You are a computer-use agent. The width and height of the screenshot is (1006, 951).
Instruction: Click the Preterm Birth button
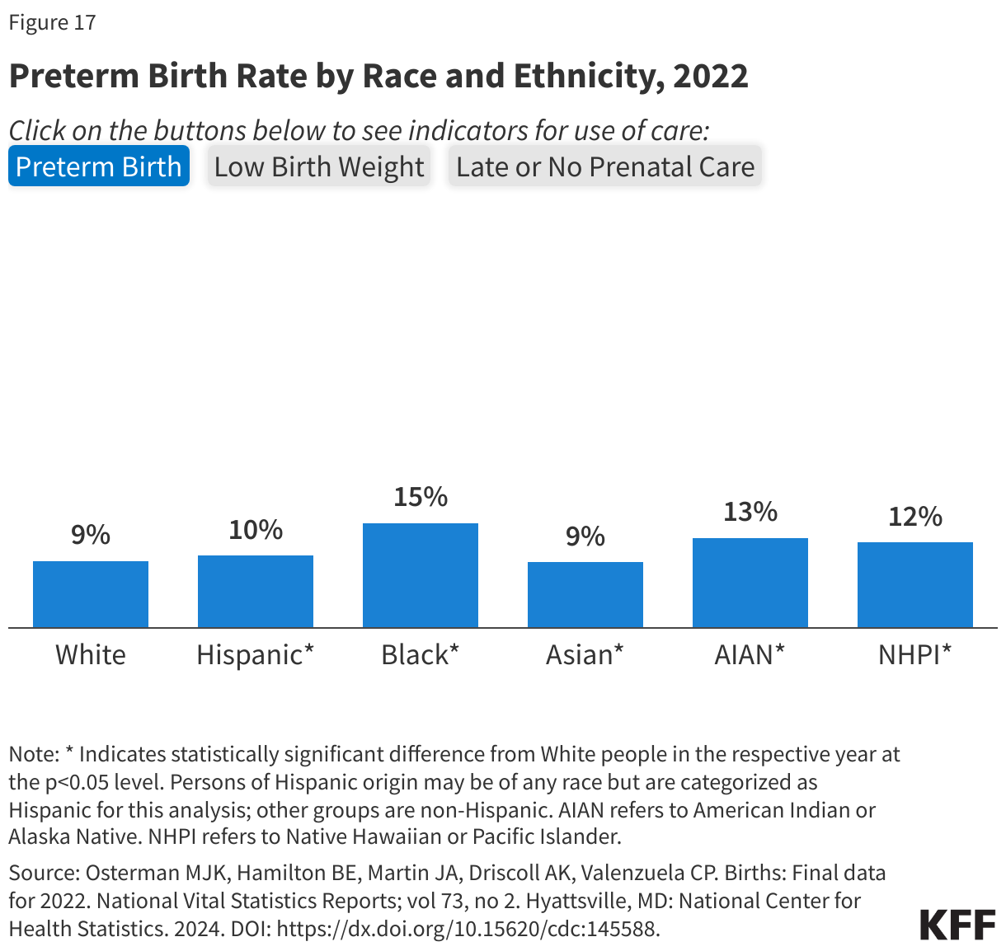pos(99,166)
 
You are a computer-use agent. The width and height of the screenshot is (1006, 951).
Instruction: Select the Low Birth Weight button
pos(319,166)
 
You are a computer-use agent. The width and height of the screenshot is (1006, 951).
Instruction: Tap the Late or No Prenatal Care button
pos(604,166)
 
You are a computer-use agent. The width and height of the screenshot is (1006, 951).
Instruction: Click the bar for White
pos(91,594)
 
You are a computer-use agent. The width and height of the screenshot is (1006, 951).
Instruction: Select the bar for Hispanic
pos(256,592)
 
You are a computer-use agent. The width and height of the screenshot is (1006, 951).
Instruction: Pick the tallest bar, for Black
pos(421,575)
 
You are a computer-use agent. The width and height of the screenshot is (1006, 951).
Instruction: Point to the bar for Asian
pos(585,595)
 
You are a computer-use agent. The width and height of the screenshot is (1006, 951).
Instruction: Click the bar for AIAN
pos(750,583)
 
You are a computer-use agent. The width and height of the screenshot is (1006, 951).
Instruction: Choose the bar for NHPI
pos(915,585)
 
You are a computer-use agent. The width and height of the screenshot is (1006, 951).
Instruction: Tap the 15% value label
pos(421,497)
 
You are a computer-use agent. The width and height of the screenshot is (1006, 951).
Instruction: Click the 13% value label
pos(750,512)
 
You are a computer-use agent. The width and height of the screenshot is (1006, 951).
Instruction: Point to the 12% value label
pos(915,517)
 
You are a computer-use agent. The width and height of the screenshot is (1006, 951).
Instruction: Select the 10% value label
pos(256,530)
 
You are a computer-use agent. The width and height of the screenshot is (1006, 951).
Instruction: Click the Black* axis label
pos(420,655)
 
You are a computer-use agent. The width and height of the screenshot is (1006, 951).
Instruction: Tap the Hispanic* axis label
pos(255,655)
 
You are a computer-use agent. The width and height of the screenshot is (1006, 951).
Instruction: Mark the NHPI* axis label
pos(914,655)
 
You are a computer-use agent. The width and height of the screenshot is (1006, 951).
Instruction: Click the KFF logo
pos(957,925)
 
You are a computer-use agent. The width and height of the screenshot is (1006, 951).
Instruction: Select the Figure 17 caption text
pos(53,22)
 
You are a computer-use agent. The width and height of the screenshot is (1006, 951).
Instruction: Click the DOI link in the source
pos(468,929)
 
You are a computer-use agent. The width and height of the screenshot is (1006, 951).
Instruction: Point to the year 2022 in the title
pos(711,76)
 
